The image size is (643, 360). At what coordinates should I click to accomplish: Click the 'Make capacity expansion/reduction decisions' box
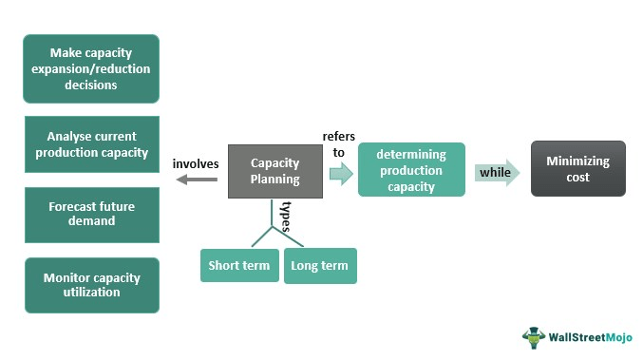point(91,68)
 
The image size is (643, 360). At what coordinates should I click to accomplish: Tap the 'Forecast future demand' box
point(91,213)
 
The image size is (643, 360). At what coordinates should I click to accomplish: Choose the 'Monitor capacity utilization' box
point(91,284)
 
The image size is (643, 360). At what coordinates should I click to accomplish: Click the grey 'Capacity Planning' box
point(274,171)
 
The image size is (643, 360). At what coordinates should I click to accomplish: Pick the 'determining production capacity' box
point(410,170)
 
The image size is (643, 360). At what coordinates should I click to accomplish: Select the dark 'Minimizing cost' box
point(577,169)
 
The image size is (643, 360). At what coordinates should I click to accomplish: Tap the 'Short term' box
point(238,265)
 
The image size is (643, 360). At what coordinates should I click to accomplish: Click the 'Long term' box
point(320,265)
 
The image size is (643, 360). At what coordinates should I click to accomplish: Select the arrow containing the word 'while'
point(498,172)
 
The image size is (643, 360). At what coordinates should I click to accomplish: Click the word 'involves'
point(196,163)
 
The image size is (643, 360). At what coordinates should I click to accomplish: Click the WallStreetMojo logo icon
point(535,337)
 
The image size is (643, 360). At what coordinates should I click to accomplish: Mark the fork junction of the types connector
point(274,229)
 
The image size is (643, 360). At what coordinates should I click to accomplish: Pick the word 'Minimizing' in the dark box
point(577,161)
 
